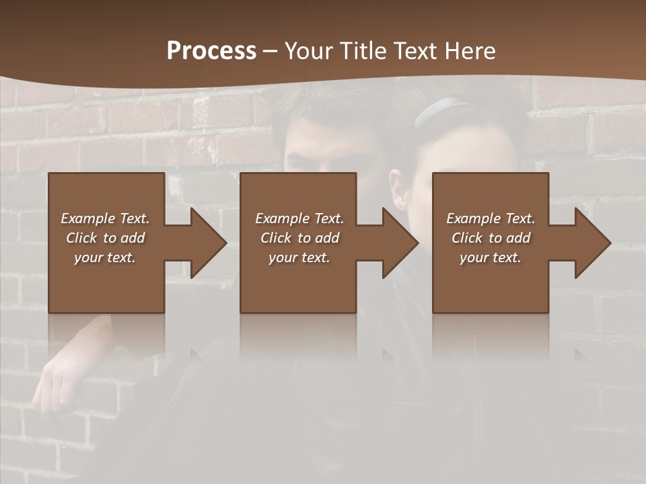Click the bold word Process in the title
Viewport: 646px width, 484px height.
(211, 51)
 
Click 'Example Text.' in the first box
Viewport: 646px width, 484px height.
(105, 218)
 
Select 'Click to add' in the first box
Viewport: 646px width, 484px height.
(105, 238)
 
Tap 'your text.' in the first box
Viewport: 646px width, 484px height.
(105, 257)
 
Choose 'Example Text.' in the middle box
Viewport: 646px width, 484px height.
(299, 218)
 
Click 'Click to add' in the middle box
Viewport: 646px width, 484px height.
(299, 238)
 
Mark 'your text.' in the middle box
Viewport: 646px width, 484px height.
(299, 257)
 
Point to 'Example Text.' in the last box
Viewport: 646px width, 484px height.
(491, 218)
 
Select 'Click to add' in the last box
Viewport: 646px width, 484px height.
(491, 238)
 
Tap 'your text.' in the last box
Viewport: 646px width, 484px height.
(491, 257)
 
